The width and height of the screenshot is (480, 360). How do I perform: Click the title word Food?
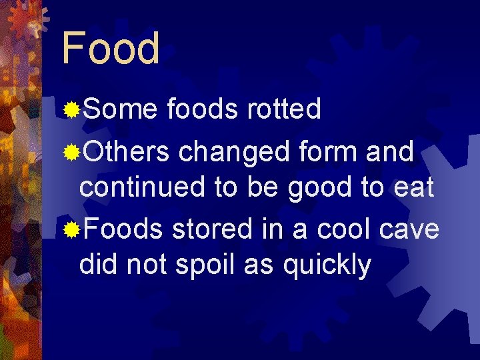111,48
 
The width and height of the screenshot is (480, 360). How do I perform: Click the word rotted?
284,109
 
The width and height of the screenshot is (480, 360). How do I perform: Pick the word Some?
119,109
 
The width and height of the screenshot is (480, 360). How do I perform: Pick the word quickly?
327,266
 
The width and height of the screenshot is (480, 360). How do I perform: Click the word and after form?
392,152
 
